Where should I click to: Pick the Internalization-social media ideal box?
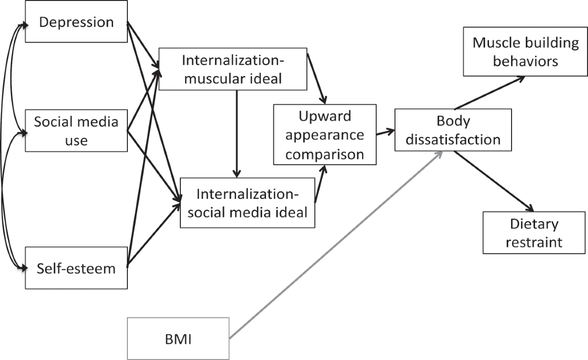tap(247, 203)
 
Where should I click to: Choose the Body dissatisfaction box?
tap(453, 129)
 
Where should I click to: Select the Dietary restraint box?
tap(534, 233)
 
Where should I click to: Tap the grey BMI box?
tap(178, 338)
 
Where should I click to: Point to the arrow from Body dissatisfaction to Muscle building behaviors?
tap(490, 93)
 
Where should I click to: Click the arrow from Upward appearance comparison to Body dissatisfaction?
tap(385, 132)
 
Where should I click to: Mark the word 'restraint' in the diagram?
tap(534, 242)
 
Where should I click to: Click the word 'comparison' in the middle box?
tap(325, 154)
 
